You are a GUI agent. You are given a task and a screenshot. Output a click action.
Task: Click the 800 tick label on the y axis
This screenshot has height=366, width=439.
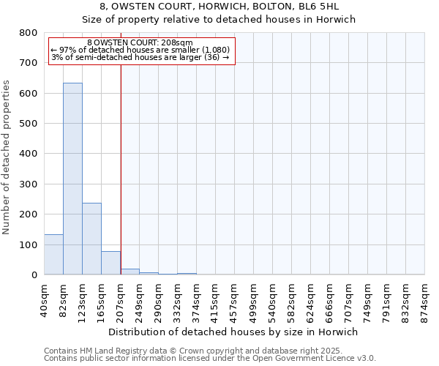(29, 33)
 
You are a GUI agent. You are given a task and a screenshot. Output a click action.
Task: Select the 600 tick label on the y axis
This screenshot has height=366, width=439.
(29, 94)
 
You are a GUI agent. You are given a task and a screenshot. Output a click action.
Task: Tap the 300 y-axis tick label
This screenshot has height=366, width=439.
(29, 184)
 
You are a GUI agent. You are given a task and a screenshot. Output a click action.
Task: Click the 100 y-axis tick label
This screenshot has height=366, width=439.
(29, 244)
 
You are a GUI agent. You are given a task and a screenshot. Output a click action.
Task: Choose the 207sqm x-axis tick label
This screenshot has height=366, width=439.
(120, 300)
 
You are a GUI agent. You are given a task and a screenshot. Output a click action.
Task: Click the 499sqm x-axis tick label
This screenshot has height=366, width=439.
(253, 300)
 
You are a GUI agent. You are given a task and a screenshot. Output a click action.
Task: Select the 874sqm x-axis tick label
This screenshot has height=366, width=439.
(424, 300)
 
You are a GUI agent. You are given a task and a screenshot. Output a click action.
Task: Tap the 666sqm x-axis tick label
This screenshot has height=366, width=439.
(329, 300)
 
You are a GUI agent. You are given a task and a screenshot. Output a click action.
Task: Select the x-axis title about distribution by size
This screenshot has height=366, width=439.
(234, 332)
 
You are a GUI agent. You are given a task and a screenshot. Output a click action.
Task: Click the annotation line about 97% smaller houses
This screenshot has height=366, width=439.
(140, 50)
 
